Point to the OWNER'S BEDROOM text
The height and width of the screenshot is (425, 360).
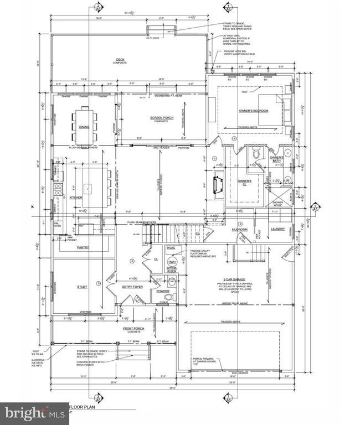[253, 111]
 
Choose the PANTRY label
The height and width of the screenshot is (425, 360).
[83, 248]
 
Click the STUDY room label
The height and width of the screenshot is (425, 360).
[83, 287]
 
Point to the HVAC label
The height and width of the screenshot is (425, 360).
[171, 248]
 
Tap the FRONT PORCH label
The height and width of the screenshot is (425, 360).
[132, 329]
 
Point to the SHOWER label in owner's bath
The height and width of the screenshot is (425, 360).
[277, 203]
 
